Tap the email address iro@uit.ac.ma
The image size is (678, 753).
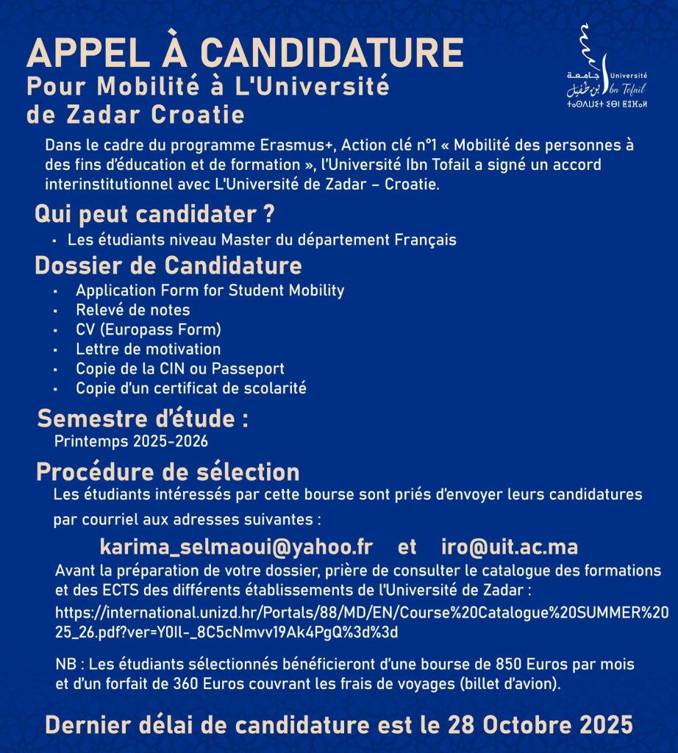[510, 548]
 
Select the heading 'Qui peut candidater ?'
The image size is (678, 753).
[154, 215]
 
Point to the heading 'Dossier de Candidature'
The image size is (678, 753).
[168, 265]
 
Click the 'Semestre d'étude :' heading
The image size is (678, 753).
[143, 419]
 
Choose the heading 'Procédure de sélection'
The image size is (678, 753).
[168, 471]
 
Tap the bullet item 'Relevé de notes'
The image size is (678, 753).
[132, 310]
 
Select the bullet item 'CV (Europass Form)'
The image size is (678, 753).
[149, 329]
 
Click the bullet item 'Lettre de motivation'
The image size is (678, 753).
[148, 349]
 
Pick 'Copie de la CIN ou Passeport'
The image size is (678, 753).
[179, 368]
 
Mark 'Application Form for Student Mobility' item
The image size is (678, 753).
[210, 290]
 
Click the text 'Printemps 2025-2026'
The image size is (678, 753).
[131, 441]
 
